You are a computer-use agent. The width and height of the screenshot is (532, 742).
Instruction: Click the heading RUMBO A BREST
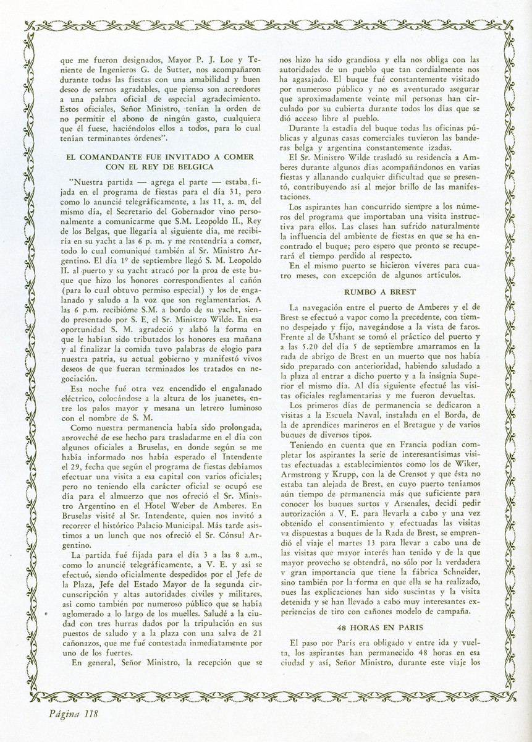click(x=379, y=291)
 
